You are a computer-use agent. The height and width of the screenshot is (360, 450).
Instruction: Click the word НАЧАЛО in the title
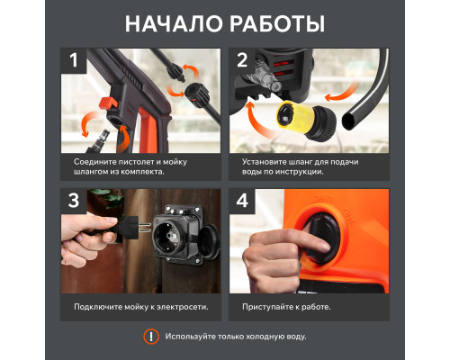coord(174,23)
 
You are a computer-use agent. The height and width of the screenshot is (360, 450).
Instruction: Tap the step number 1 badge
coord(74,60)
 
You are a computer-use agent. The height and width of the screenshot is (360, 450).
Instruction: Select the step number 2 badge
coord(242,60)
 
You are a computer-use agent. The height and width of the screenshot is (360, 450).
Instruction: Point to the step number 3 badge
coord(74,201)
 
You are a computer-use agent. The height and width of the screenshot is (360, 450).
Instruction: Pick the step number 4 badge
coord(242,201)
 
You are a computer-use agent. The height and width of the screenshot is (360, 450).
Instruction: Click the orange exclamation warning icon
coord(151,337)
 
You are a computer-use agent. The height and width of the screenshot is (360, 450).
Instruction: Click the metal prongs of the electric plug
coord(146,228)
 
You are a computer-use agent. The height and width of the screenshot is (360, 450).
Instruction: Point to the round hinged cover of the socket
coord(210,242)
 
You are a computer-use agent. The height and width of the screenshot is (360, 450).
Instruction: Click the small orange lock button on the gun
coord(108,103)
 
